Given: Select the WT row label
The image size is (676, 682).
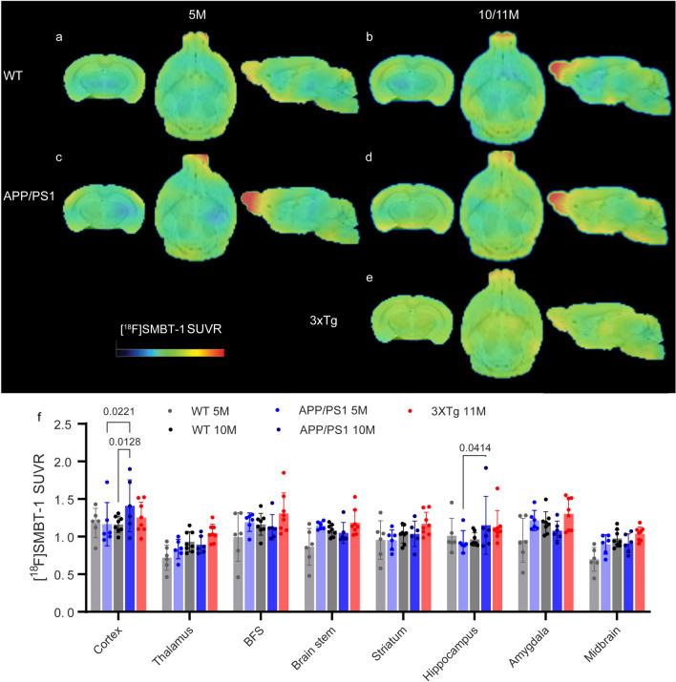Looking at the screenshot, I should tap(13, 72).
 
